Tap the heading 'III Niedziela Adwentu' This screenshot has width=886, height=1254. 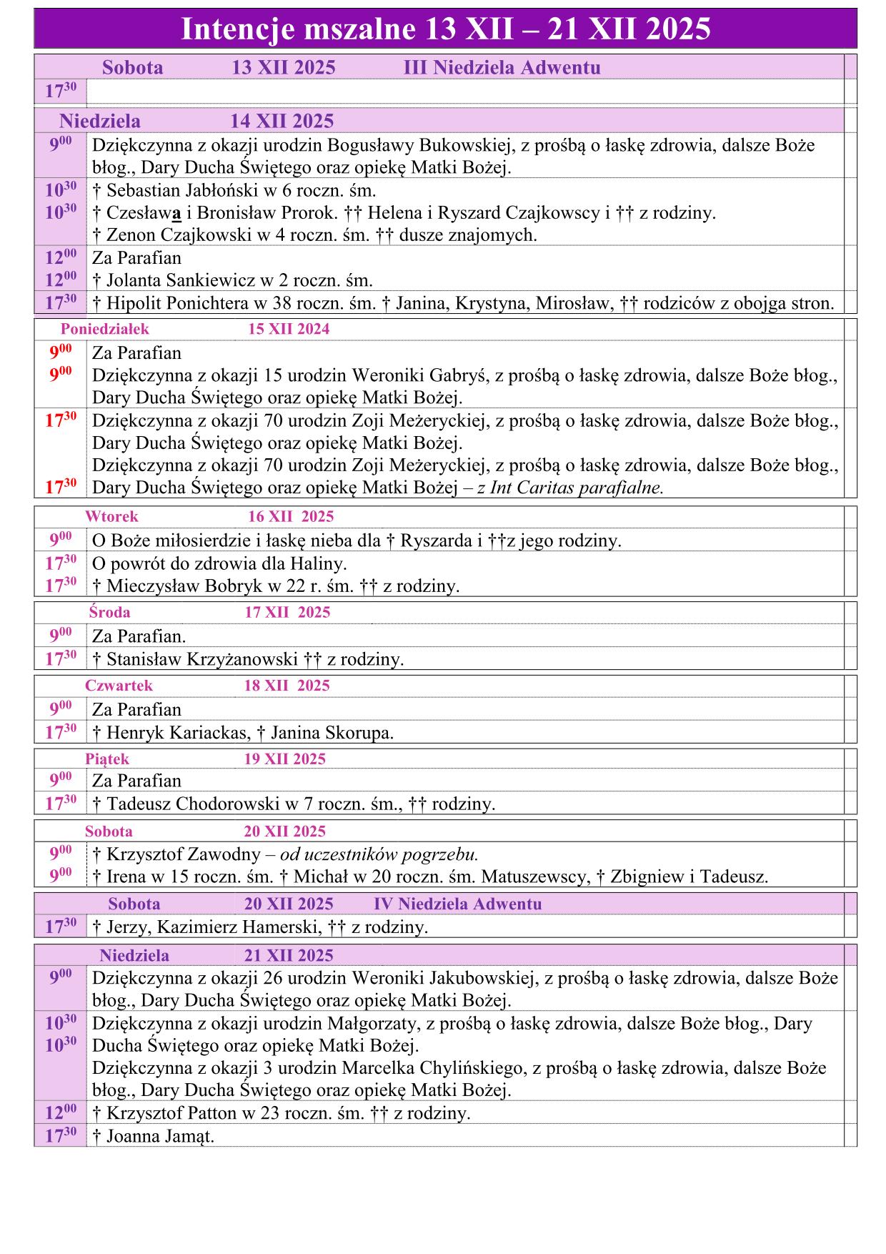click(502, 68)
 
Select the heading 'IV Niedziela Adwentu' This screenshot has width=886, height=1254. click(457, 904)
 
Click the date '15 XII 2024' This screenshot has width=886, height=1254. click(289, 329)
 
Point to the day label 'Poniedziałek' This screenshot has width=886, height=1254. click(105, 329)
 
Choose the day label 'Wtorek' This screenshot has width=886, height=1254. click(111, 516)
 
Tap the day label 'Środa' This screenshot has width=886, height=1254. click(109, 612)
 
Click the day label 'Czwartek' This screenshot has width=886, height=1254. click(119, 685)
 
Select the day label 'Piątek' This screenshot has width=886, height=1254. click(107, 759)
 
